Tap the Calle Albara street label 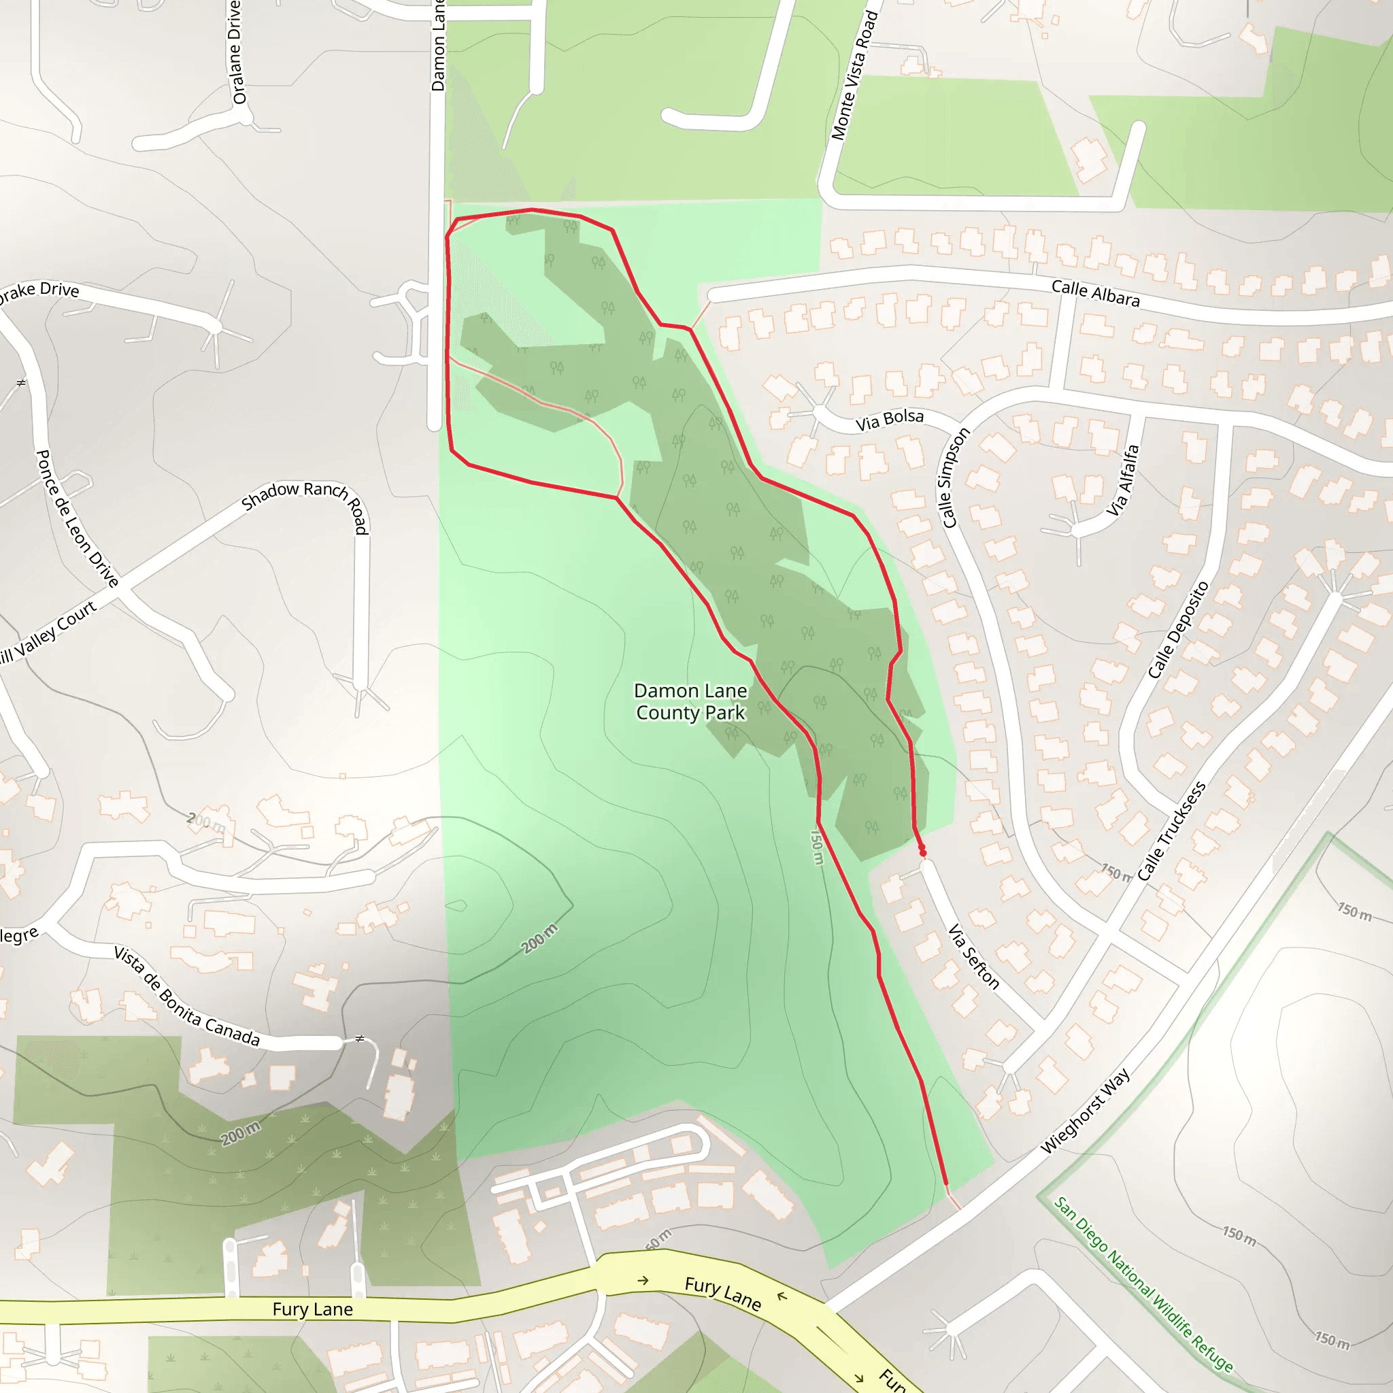click(1095, 292)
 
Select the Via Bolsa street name click(889, 420)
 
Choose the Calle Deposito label click(1177, 629)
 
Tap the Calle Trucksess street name click(1172, 831)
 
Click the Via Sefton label click(973, 957)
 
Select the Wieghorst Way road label click(1085, 1111)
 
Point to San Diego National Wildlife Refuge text click(1143, 1283)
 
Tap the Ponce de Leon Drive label click(76, 518)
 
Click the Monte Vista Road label click(854, 75)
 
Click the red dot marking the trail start click(922, 852)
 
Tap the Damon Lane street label click(439, 45)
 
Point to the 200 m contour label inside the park click(539, 939)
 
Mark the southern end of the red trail click(946, 1184)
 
